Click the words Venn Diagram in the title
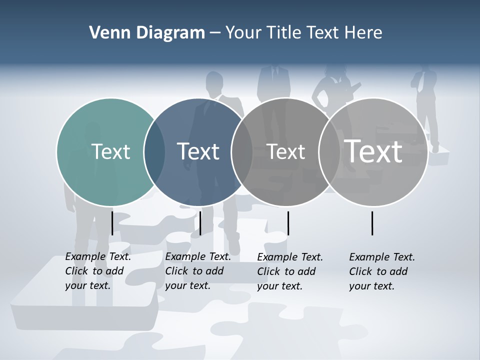[x=147, y=33]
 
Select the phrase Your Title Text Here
[x=304, y=33]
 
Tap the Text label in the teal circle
[x=110, y=151]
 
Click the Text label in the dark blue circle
[x=198, y=151]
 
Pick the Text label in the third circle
[x=285, y=151]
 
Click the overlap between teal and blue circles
[x=154, y=152]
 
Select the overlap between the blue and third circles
[x=242, y=152]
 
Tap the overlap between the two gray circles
[x=329, y=152]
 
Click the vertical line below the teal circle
[x=112, y=223]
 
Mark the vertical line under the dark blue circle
[x=200, y=223]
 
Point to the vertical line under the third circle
[x=288, y=223]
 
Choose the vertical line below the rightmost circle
[x=372, y=223]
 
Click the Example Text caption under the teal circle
[x=98, y=271]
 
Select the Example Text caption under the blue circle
[x=198, y=271]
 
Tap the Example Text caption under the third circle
[x=290, y=271]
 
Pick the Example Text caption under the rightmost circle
[x=382, y=271]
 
